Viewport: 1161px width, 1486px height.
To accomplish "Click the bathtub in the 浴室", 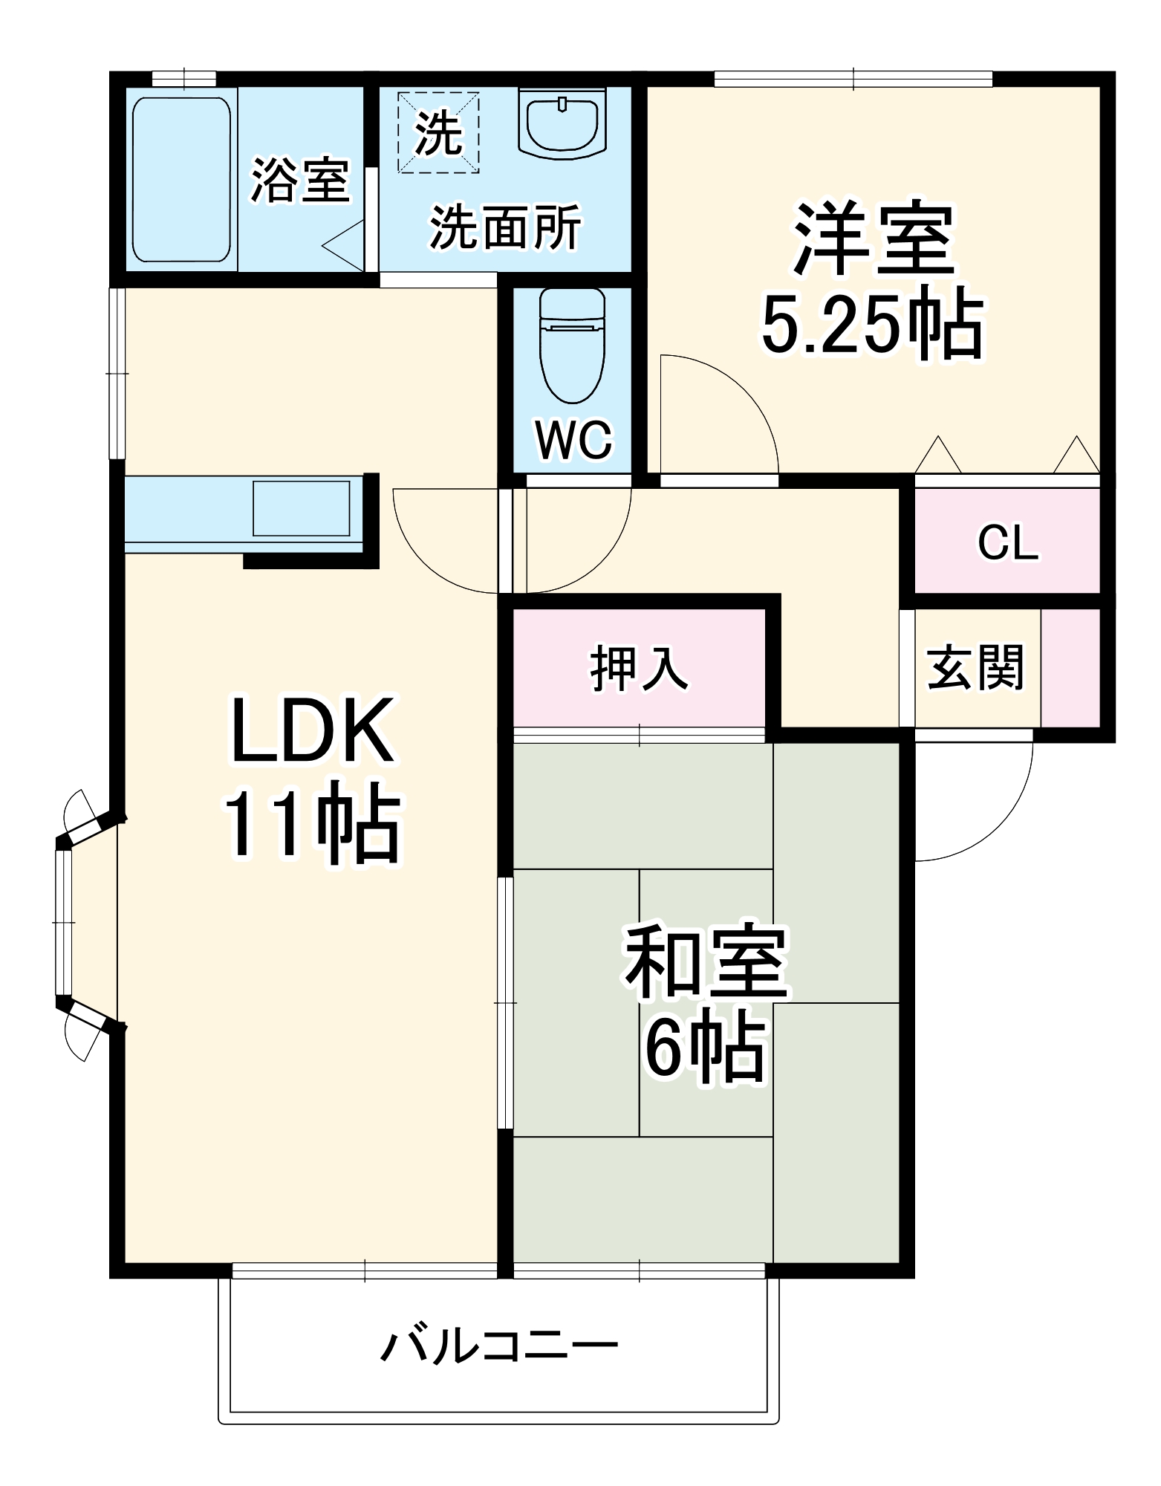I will click(x=181, y=179).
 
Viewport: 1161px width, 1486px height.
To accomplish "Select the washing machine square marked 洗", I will click(x=438, y=132).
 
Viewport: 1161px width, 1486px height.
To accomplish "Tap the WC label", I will click(x=573, y=440).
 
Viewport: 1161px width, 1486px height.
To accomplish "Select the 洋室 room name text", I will click(x=874, y=239).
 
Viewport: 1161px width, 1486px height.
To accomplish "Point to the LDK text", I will click(x=312, y=731).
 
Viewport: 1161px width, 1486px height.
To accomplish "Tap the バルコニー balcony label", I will click(x=499, y=1346).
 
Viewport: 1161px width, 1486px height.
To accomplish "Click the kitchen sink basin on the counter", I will click(x=301, y=508).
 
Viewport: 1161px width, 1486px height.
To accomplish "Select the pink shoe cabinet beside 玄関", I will click(x=1070, y=667).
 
